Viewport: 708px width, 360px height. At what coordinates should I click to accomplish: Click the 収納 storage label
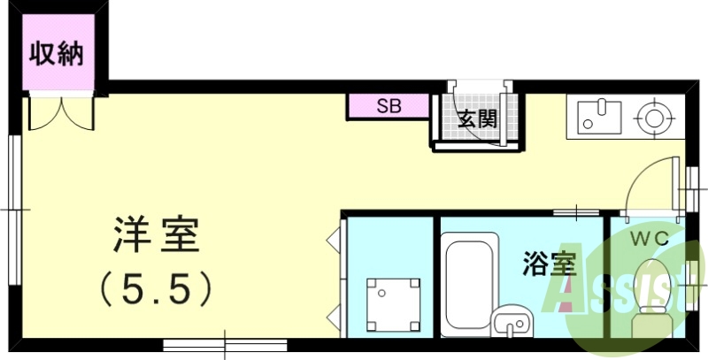point(57,55)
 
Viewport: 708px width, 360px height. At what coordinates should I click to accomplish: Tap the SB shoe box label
point(389,106)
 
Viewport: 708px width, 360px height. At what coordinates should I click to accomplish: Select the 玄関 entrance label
point(476,119)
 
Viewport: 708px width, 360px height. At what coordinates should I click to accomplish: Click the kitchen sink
point(599,116)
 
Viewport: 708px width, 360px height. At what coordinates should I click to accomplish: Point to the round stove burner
point(656,116)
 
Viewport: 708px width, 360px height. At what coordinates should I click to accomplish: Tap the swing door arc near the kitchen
point(650,186)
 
